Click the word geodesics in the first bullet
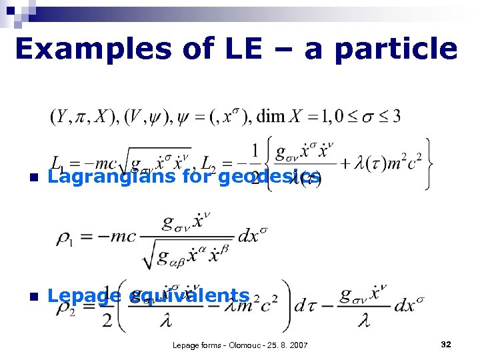(x=269, y=176)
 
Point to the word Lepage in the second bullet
(x=85, y=295)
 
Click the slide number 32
(x=446, y=344)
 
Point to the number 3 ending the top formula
(x=395, y=117)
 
